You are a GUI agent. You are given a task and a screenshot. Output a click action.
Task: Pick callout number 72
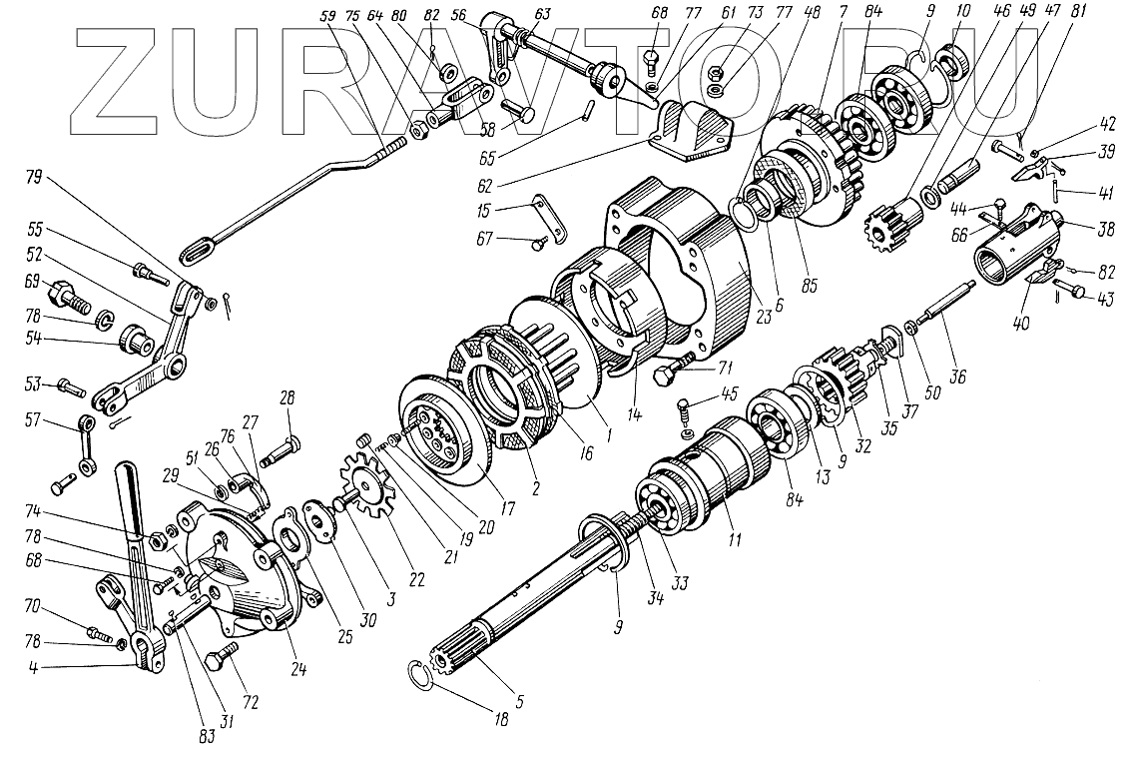pos(250,702)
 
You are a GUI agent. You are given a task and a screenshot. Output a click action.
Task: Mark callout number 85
pos(809,285)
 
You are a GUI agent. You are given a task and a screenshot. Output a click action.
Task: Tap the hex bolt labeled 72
pos(221,659)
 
